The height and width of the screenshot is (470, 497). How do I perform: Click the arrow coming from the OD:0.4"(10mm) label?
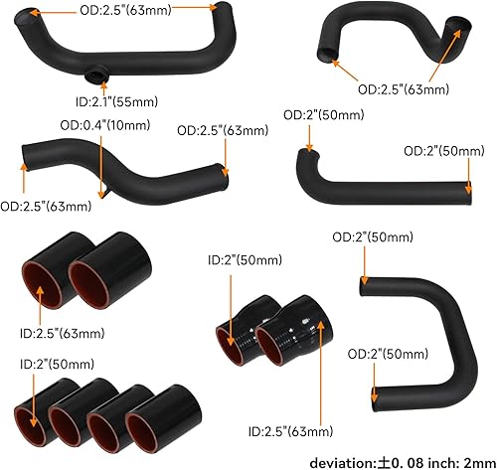99,164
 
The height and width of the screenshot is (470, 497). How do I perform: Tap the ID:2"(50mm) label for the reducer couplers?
244,260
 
